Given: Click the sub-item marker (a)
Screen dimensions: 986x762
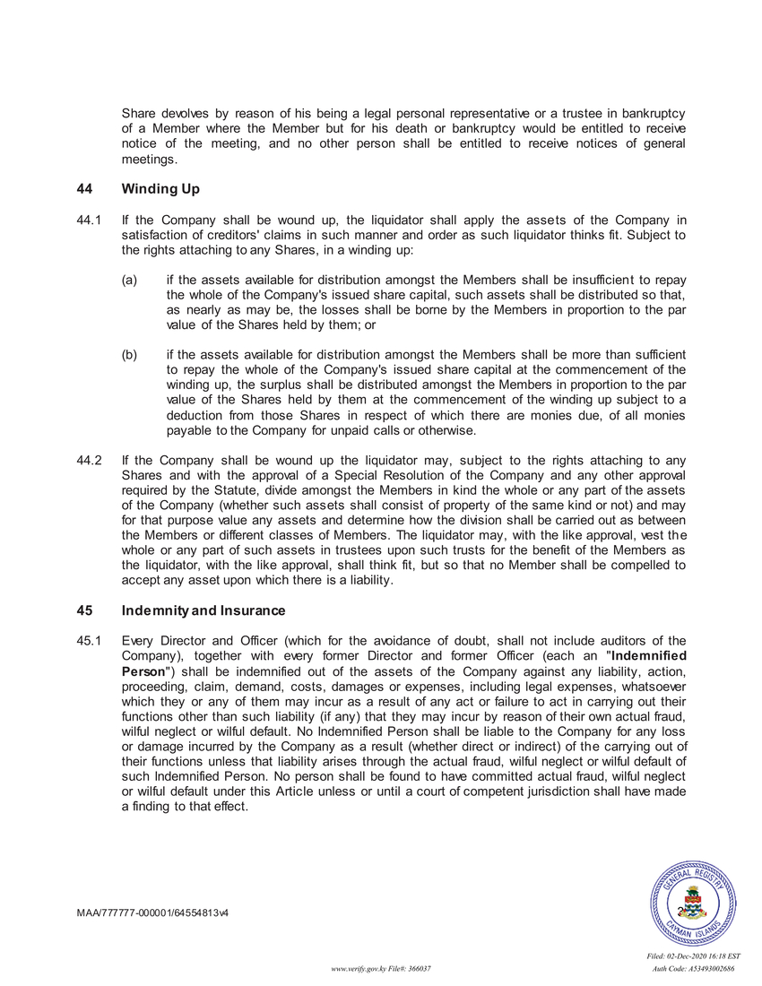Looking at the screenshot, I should pyautogui.click(x=130, y=281).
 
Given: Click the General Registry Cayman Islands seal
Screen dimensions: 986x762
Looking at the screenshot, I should pyautogui.click(x=693, y=904).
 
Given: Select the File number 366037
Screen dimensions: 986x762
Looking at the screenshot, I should pyautogui.click(x=422, y=970).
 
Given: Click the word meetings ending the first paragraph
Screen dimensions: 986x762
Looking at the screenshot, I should pyautogui.click(x=149, y=160).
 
